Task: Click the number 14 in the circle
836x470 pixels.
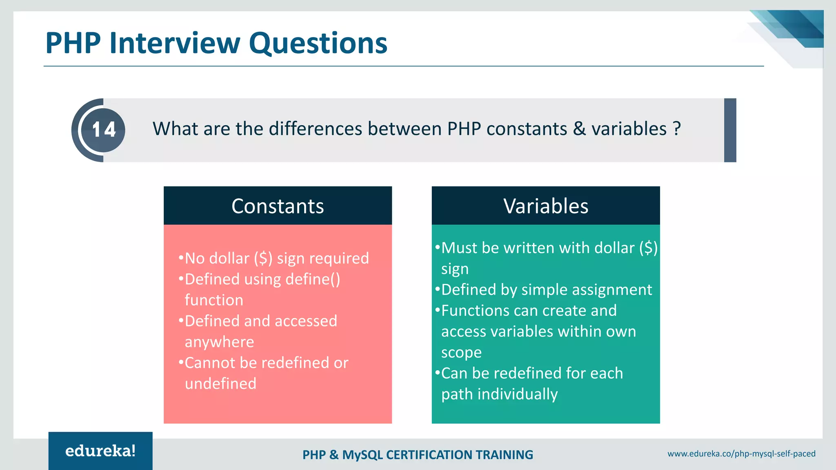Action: coord(104,130)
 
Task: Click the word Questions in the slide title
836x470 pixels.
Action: coord(318,43)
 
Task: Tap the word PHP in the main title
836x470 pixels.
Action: coord(73,43)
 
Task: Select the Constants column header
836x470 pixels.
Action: coord(278,206)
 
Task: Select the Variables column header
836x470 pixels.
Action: coord(546,206)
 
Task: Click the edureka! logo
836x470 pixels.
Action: coord(100,451)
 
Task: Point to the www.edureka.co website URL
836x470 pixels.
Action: coord(741,454)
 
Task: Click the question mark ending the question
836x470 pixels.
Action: coord(677,129)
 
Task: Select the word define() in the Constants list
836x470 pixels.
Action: coord(313,279)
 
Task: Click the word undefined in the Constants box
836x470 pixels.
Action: coord(220,384)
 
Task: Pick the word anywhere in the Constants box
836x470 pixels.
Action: coord(219,342)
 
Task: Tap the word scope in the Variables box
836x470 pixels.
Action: coord(461,352)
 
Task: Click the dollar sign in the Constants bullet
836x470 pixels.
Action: coord(263,259)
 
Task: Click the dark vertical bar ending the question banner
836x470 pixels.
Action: coord(730,130)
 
